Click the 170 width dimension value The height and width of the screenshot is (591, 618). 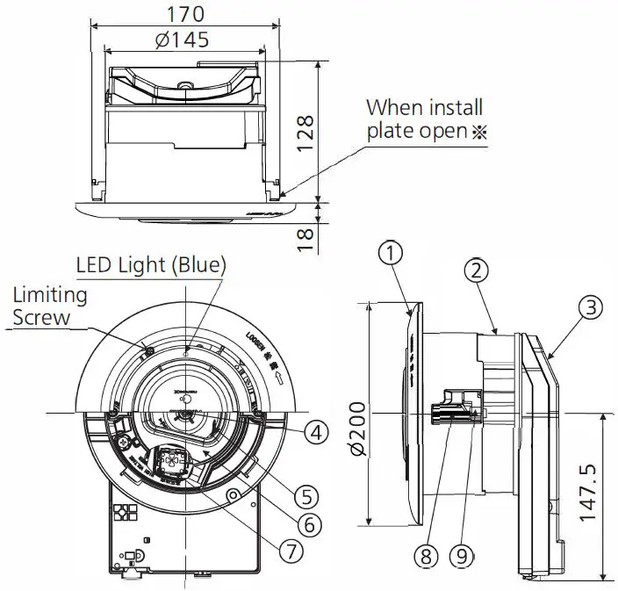click(185, 15)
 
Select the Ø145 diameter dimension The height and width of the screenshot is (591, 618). click(185, 40)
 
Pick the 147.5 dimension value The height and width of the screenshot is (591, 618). click(591, 494)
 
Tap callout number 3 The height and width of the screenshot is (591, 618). click(590, 307)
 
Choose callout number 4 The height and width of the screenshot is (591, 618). click(316, 432)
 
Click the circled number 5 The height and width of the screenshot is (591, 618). click(305, 496)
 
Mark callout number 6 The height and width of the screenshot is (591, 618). click(306, 524)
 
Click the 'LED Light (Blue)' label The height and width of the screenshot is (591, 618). click(151, 263)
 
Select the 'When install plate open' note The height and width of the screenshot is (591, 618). click(423, 120)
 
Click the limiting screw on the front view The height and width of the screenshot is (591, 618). click(147, 352)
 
